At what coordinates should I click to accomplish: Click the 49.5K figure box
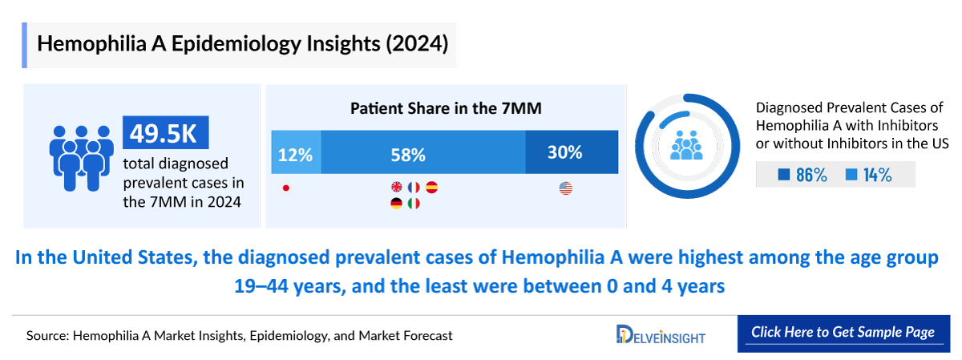click(165, 133)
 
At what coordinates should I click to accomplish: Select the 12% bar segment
click(296, 152)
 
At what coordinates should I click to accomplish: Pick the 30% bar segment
click(572, 152)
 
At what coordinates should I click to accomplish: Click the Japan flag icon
click(285, 188)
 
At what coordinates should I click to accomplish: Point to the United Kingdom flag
click(397, 188)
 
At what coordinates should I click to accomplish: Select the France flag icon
click(414, 188)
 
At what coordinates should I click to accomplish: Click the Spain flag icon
click(432, 188)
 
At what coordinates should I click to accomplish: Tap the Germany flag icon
click(397, 204)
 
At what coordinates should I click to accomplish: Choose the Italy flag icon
click(414, 204)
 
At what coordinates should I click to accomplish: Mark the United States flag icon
click(565, 188)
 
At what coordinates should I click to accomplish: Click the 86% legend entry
click(802, 175)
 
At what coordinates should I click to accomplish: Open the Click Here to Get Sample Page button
click(842, 332)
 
